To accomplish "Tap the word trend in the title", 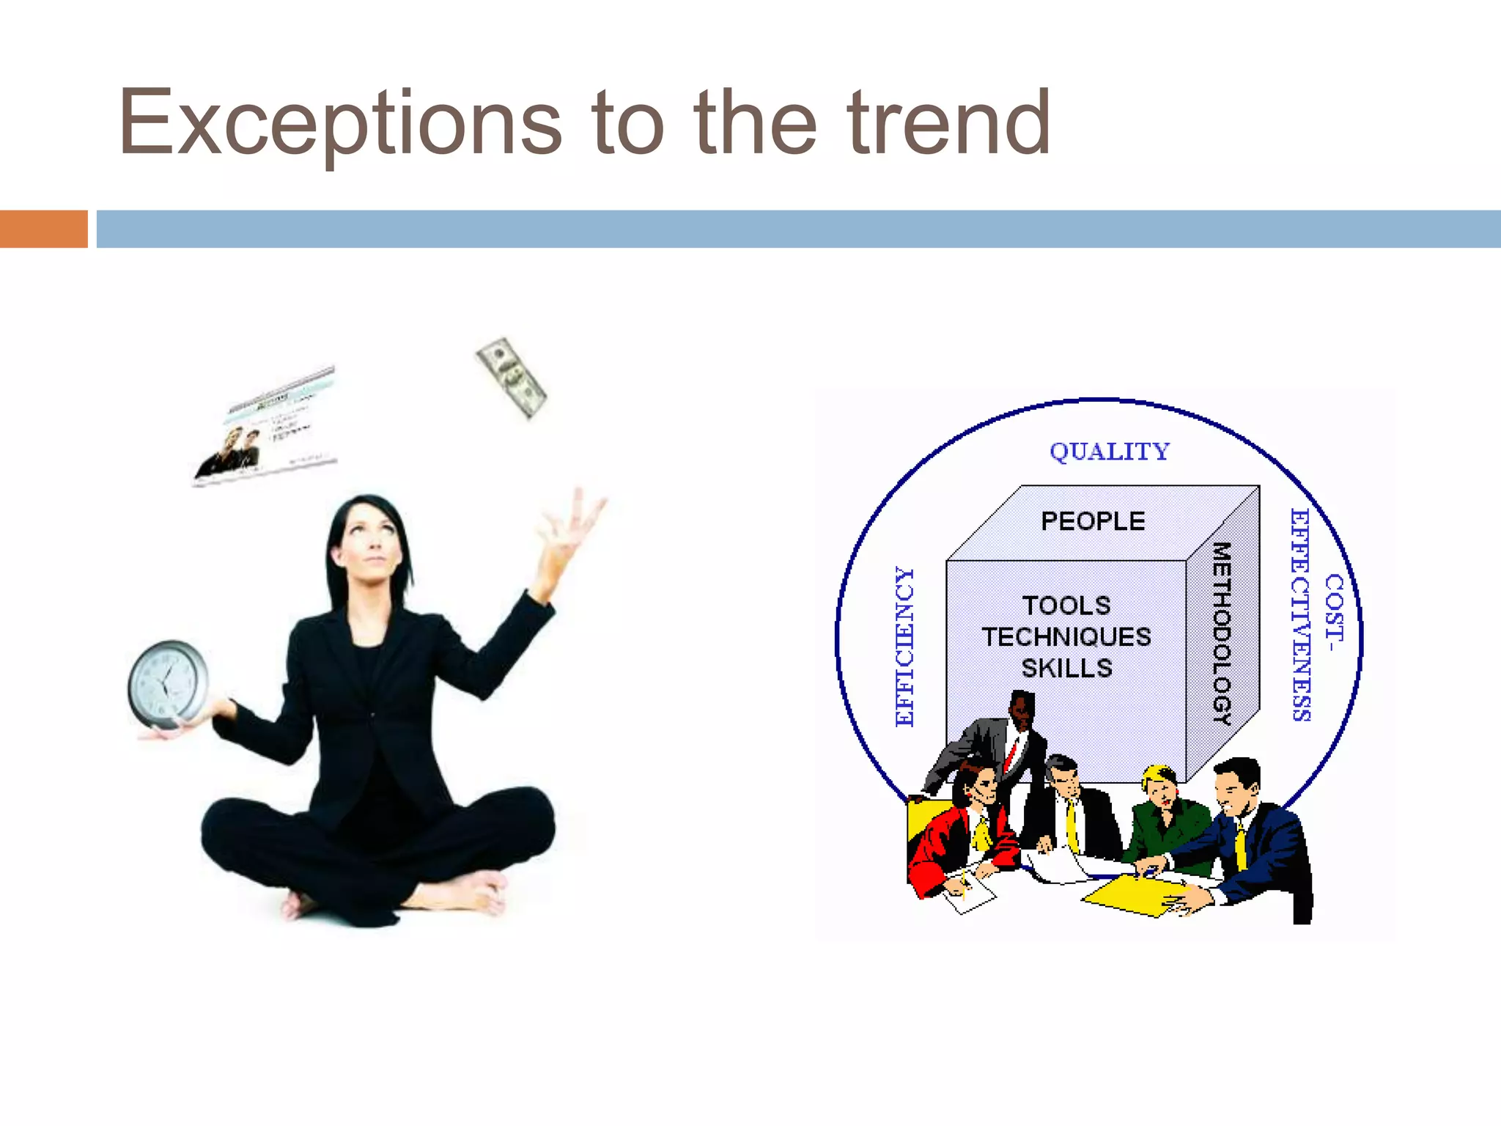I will [x=949, y=123].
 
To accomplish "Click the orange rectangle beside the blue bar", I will [x=43, y=229].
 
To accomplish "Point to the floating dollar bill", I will [x=512, y=378].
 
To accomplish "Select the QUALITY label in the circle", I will [x=1109, y=452].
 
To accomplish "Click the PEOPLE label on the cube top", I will [x=1093, y=521].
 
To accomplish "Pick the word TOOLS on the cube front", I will [x=1066, y=606].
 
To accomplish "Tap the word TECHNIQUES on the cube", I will [x=1066, y=637].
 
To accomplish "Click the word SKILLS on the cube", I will [x=1066, y=669].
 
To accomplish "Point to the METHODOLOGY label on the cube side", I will [x=1221, y=633].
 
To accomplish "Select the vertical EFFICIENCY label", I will [x=905, y=647].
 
